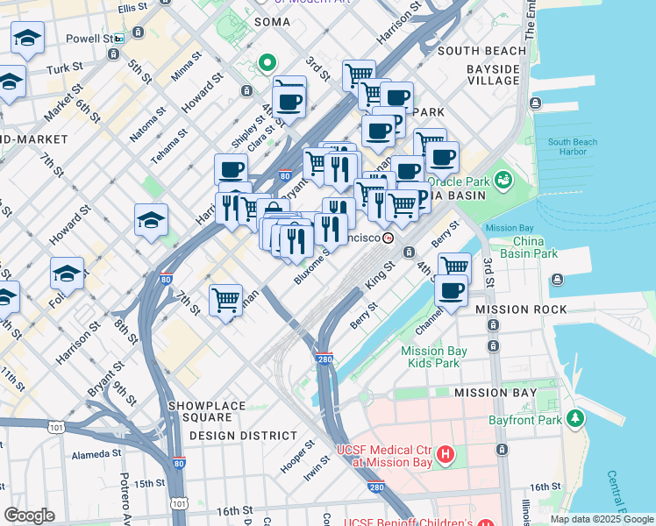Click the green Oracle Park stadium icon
(x=503, y=180)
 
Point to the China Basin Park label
(x=535, y=247)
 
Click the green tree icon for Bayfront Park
(x=575, y=418)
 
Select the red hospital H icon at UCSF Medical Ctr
(x=446, y=454)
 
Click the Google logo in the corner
(x=29, y=515)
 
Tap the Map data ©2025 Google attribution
(x=602, y=519)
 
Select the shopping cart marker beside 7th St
(x=226, y=301)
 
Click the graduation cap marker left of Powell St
(x=28, y=39)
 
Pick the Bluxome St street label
(x=312, y=266)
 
